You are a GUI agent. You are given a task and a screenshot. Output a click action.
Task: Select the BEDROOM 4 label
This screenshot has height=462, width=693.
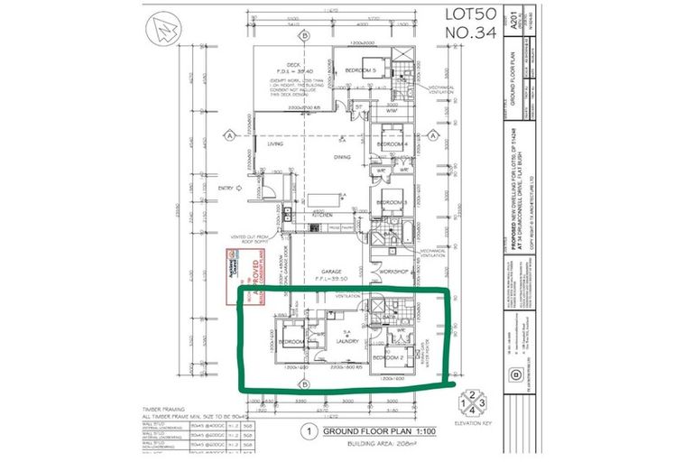pyautogui.click(x=393, y=144)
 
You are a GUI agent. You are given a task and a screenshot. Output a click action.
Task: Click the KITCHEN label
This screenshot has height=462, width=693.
pyautogui.click(x=323, y=217)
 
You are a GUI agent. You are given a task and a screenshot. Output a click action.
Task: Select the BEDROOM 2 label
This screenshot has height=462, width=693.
pyautogui.click(x=391, y=358)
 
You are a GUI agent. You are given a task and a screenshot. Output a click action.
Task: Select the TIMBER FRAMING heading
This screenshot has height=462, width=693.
pyautogui.click(x=162, y=408)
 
